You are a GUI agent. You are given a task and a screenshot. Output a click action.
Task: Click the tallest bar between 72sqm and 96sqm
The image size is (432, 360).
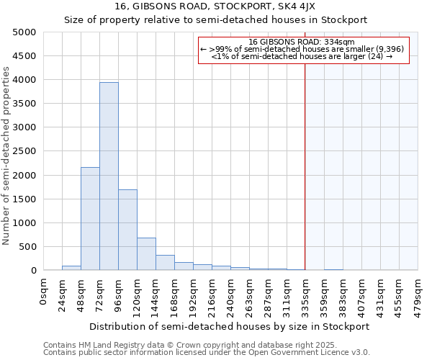(x=109, y=176)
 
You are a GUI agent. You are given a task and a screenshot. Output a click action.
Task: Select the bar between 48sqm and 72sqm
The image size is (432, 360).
(x=90, y=219)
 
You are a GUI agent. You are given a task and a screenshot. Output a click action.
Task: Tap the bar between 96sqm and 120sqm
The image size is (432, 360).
(x=127, y=230)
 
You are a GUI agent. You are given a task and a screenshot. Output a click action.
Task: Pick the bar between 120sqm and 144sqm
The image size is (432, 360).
(x=146, y=254)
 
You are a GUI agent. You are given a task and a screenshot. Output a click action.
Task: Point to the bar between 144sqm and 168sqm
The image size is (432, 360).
(x=165, y=263)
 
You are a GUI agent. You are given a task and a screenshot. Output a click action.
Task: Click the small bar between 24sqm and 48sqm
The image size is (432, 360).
(x=71, y=269)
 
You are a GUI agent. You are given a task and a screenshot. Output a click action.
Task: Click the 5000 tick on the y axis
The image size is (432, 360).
(x=24, y=32)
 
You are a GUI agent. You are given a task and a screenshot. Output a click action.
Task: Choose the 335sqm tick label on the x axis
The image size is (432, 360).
(x=306, y=296)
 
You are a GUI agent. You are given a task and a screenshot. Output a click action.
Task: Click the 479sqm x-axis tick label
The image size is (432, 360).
(x=418, y=296)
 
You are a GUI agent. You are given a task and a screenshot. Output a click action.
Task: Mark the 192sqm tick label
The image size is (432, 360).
(x=194, y=296)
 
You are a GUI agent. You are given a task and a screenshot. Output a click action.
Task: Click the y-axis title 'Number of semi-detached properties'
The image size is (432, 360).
(x=7, y=156)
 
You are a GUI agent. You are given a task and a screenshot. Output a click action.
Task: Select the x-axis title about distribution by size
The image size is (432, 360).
(x=229, y=326)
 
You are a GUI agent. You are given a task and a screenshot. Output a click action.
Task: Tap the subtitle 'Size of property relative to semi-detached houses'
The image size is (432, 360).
(x=215, y=20)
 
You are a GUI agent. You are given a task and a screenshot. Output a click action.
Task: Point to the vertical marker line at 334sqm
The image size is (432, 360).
(x=305, y=166)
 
